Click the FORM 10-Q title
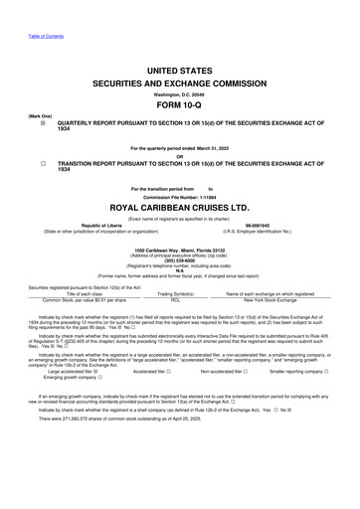tap(180, 104)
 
